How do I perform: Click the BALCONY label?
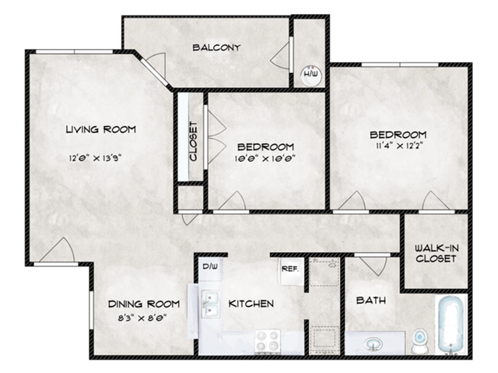click(216, 48)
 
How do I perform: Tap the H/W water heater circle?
click(310, 75)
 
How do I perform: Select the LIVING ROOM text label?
click(100, 129)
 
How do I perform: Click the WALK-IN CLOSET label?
click(435, 252)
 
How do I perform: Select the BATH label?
click(370, 301)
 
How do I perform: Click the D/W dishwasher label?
click(209, 267)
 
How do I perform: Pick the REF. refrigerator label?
click(289, 269)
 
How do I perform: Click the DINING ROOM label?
click(144, 304)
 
